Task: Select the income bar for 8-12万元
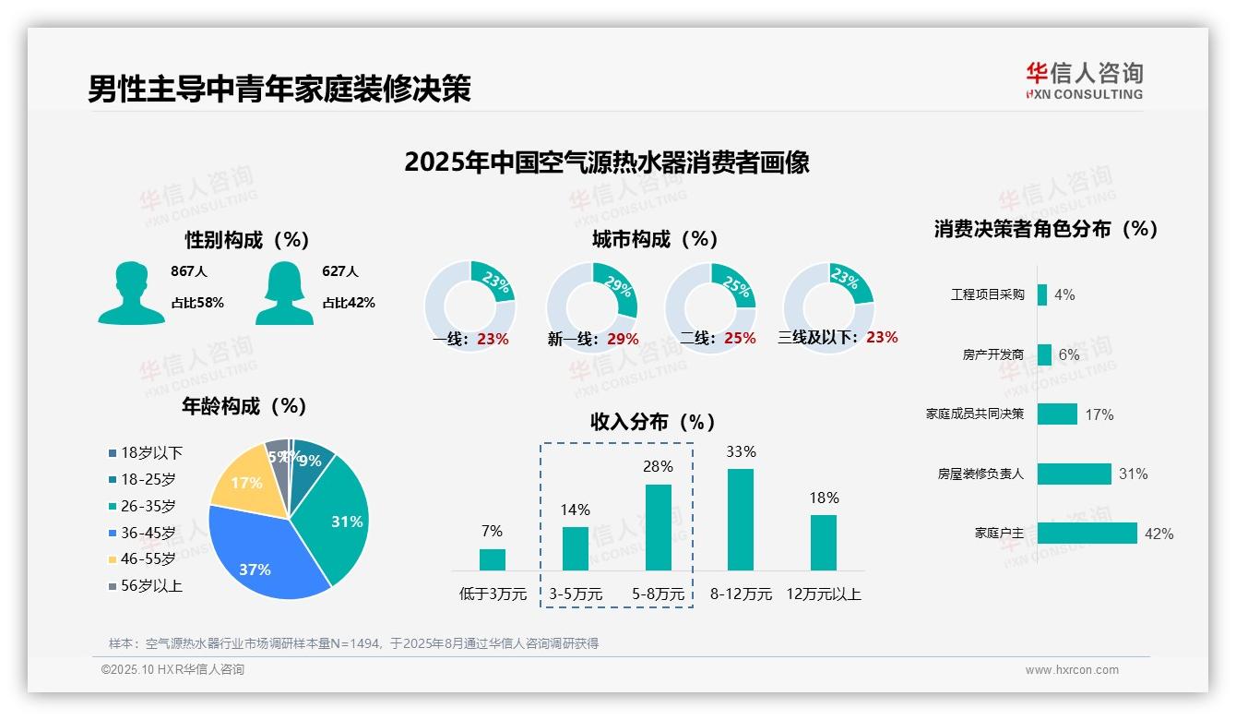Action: tap(741, 520)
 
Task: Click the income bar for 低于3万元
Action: tap(493, 559)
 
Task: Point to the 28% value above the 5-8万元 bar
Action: tap(658, 467)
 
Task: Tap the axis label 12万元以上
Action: tap(823, 594)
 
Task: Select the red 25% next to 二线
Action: tap(740, 339)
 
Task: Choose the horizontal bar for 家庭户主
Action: tap(1087, 534)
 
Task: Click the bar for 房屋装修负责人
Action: tap(1074, 474)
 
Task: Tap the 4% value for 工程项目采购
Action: tap(1064, 294)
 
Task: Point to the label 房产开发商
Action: tap(992, 354)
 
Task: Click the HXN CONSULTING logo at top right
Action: tap(1084, 81)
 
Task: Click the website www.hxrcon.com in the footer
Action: tap(1072, 670)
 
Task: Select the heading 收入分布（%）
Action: tap(653, 422)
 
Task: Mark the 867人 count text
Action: tap(189, 271)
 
